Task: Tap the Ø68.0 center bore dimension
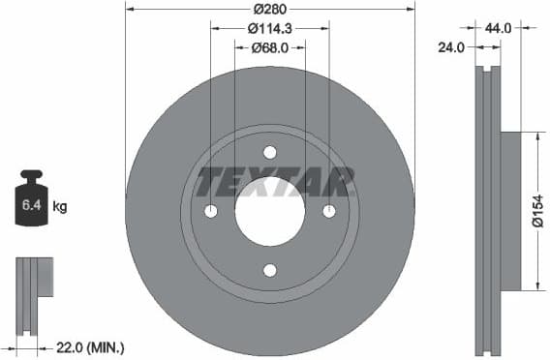(269, 47)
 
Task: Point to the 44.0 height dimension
(501, 29)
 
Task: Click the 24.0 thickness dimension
(452, 45)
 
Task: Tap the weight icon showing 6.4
(31, 202)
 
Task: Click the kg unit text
(59, 206)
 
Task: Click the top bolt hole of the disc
(270, 152)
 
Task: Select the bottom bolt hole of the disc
(270, 270)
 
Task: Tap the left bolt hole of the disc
(211, 212)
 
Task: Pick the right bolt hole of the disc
(329, 212)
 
